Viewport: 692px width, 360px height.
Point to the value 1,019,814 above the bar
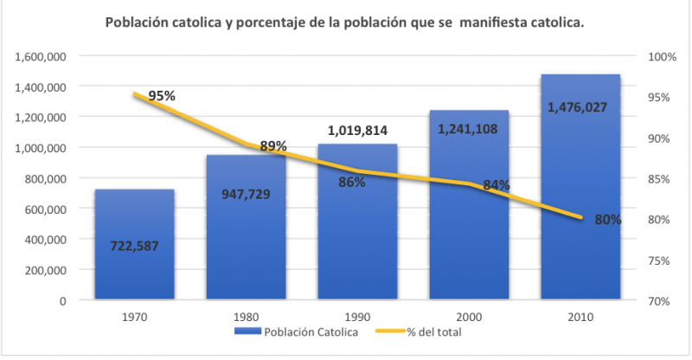[x=357, y=131]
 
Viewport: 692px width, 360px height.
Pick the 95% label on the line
[x=162, y=96]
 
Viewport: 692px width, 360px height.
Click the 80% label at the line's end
[x=608, y=220]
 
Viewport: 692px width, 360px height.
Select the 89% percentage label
[x=273, y=146]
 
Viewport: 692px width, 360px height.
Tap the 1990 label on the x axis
[x=357, y=317]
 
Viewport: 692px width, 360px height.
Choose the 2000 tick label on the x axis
[x=468, y=317]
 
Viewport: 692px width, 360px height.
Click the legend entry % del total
[x=426, y=331]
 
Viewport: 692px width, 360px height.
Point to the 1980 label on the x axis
[x=246, y=317]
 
